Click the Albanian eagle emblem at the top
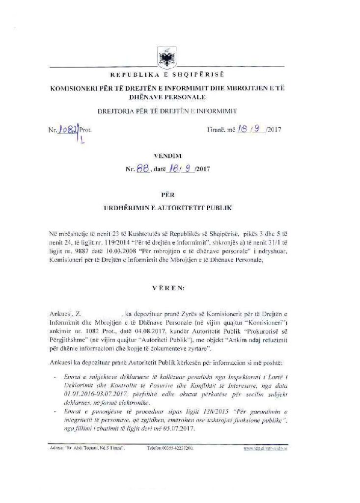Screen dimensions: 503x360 (164, 58)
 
